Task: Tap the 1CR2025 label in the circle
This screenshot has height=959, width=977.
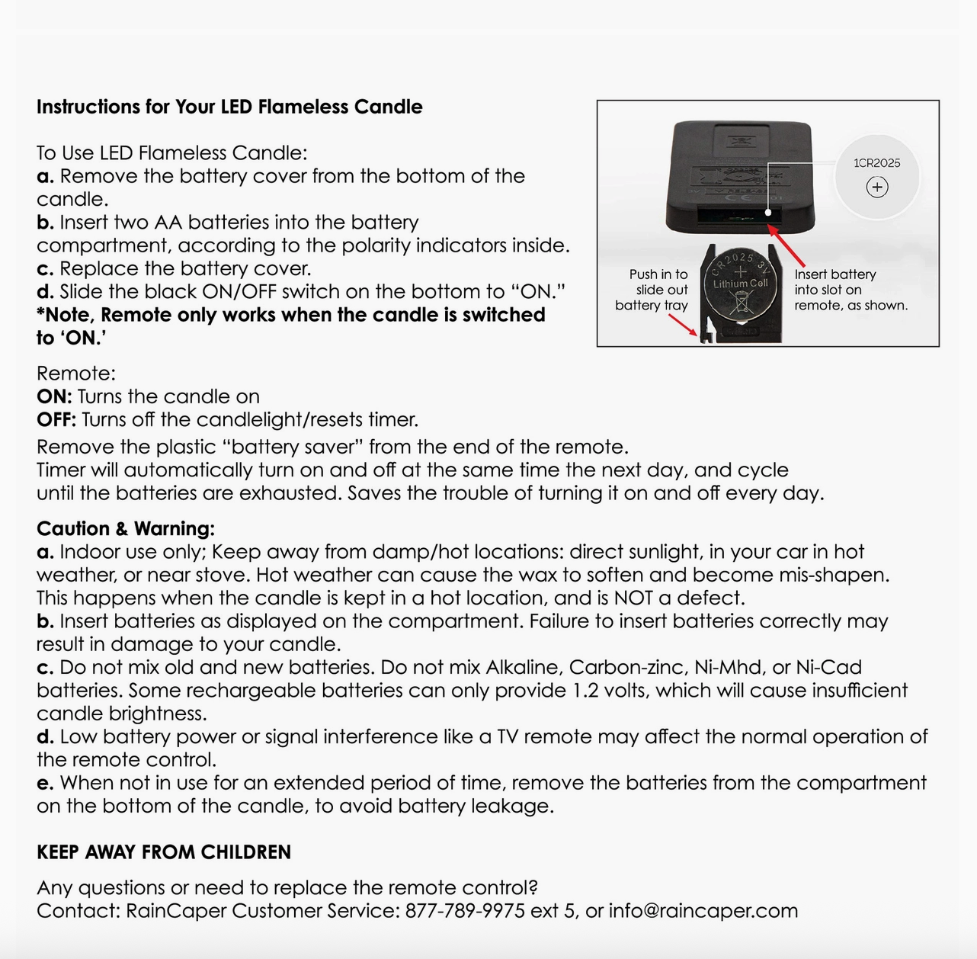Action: coord(876,163)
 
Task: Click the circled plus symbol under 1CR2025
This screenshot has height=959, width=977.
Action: coord(877,187)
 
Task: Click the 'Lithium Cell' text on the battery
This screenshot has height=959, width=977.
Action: coord(740,284)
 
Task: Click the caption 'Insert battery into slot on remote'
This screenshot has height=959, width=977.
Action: coord(850,290)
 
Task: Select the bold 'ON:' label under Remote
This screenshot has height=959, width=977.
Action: coord(54,397)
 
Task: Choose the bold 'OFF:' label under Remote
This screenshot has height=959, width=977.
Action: coord(56,420)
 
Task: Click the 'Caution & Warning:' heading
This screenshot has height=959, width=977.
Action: coord(126,529)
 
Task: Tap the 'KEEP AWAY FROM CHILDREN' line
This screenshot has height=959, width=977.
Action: coord(164,852)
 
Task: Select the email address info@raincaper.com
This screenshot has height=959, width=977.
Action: coord(703,911)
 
